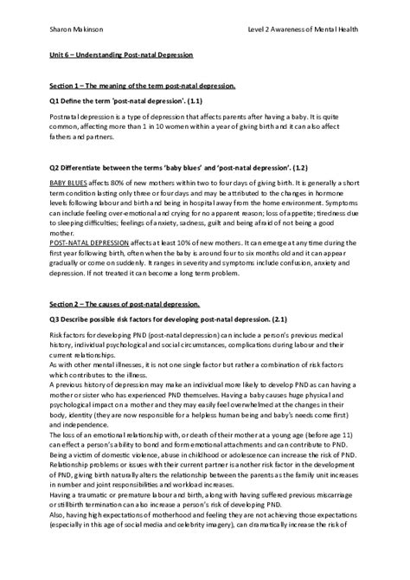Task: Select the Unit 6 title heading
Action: click(120, 55)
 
